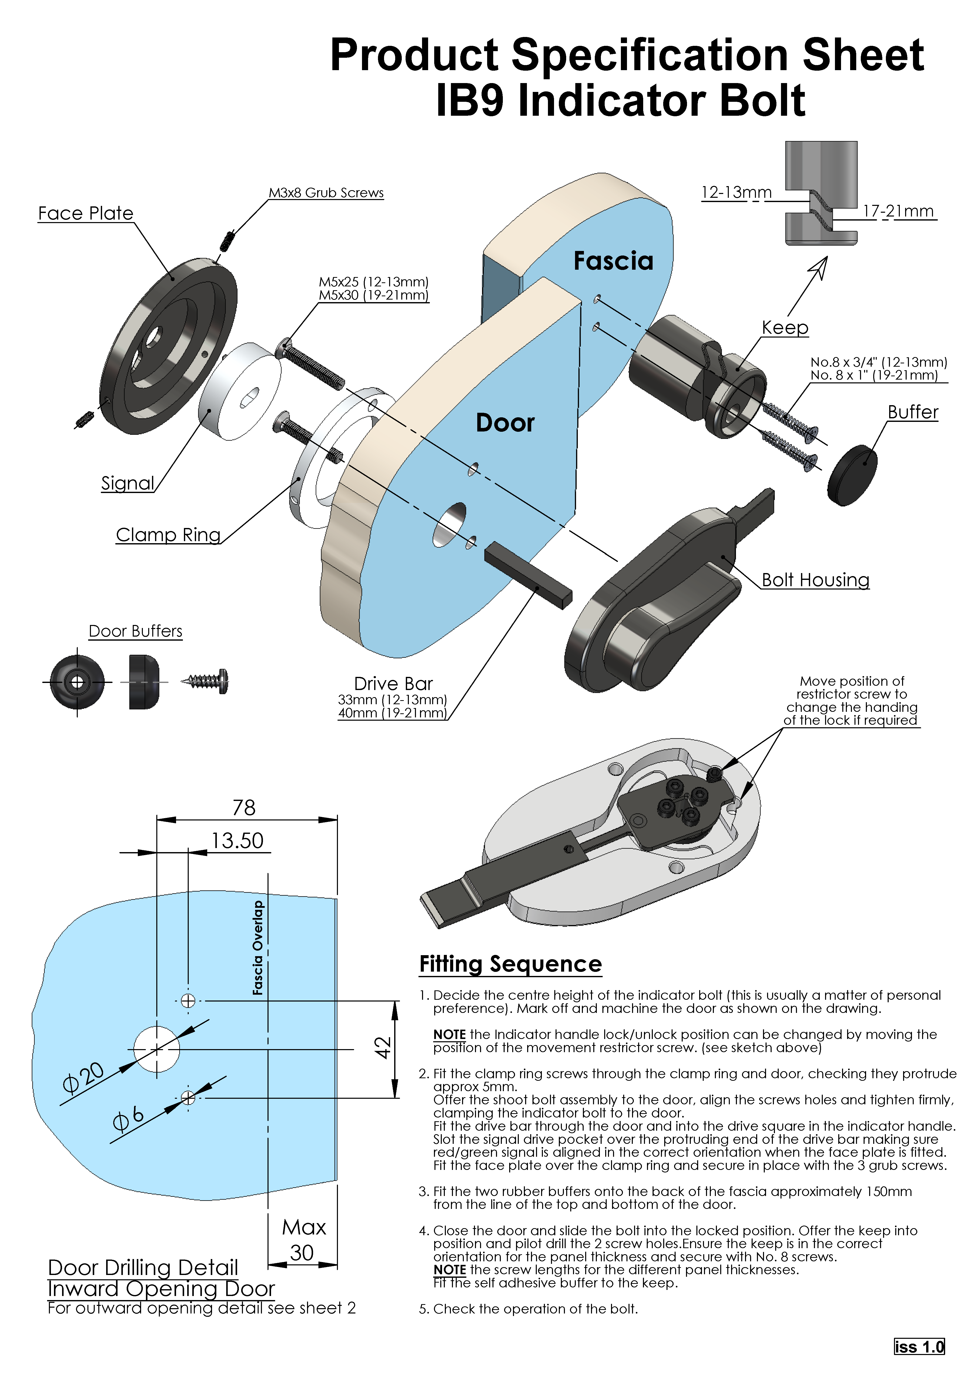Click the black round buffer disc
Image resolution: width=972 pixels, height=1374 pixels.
point(852,475)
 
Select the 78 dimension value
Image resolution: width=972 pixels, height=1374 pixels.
point(244,808)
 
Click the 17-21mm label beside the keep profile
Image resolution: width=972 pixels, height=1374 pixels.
point(898,211)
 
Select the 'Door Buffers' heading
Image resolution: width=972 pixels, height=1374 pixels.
point(135,631)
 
